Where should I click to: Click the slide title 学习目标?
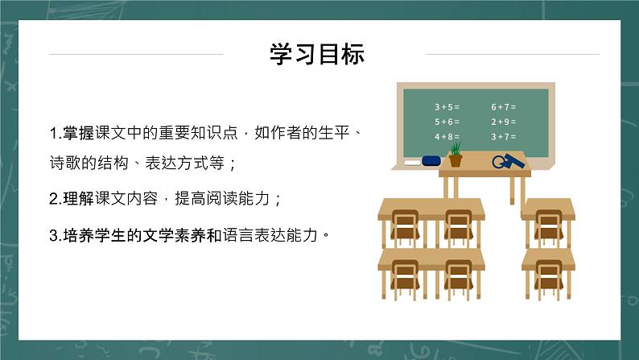click(x=318, y=54)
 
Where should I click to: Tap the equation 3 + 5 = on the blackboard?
click(x=447, y=106)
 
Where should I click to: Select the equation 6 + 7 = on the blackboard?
click(x=503, y=106)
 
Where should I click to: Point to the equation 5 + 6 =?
click(x=447, y=122)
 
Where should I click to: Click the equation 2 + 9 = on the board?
click(x=503, y=122)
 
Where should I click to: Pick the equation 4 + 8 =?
click(x=447, y=137)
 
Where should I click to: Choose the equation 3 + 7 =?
click(x=503, y=137)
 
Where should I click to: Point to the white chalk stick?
click(x=411, y=162)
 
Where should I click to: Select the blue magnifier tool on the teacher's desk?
click(x=507, y=160)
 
